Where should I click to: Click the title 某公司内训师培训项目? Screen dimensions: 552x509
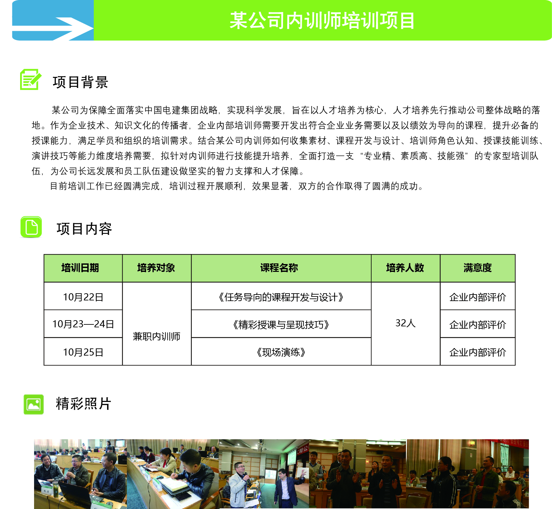click(x=322, y=20)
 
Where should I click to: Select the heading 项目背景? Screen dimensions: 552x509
click(x=80, y=82)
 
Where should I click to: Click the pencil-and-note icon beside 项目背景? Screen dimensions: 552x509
click(x=31, y=79)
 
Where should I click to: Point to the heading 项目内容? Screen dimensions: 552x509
click(x=84, y=229)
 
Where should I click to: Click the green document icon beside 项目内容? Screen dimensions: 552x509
click(x=31, y=227)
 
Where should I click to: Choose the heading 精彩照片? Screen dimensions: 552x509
click(x=84, y=404)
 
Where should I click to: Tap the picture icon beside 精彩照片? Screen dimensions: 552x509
click(x=34, y=404)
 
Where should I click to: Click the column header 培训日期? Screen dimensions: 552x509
click(x=80, y=268)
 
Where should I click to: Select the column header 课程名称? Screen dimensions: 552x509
click(x=279, y=268)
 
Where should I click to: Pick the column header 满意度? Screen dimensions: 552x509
click(x=478, y=268)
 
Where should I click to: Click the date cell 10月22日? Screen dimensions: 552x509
click(x=83, y=297)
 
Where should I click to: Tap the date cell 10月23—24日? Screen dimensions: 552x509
click(x=83, y=324)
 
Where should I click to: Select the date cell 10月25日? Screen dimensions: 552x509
click(x=83, y=352)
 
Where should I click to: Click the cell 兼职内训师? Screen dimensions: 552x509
click(x=156, y=337)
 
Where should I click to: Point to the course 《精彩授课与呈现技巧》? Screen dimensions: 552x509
click(x=281, y=325)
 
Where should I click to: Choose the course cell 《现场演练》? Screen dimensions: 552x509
click(x=281, y=352)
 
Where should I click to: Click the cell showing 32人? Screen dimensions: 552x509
click(x=406, y=323)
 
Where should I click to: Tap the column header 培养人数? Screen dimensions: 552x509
click(x=405, y=268)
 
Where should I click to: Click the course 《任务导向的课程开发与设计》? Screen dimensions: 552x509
click(x=281, y=297)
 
